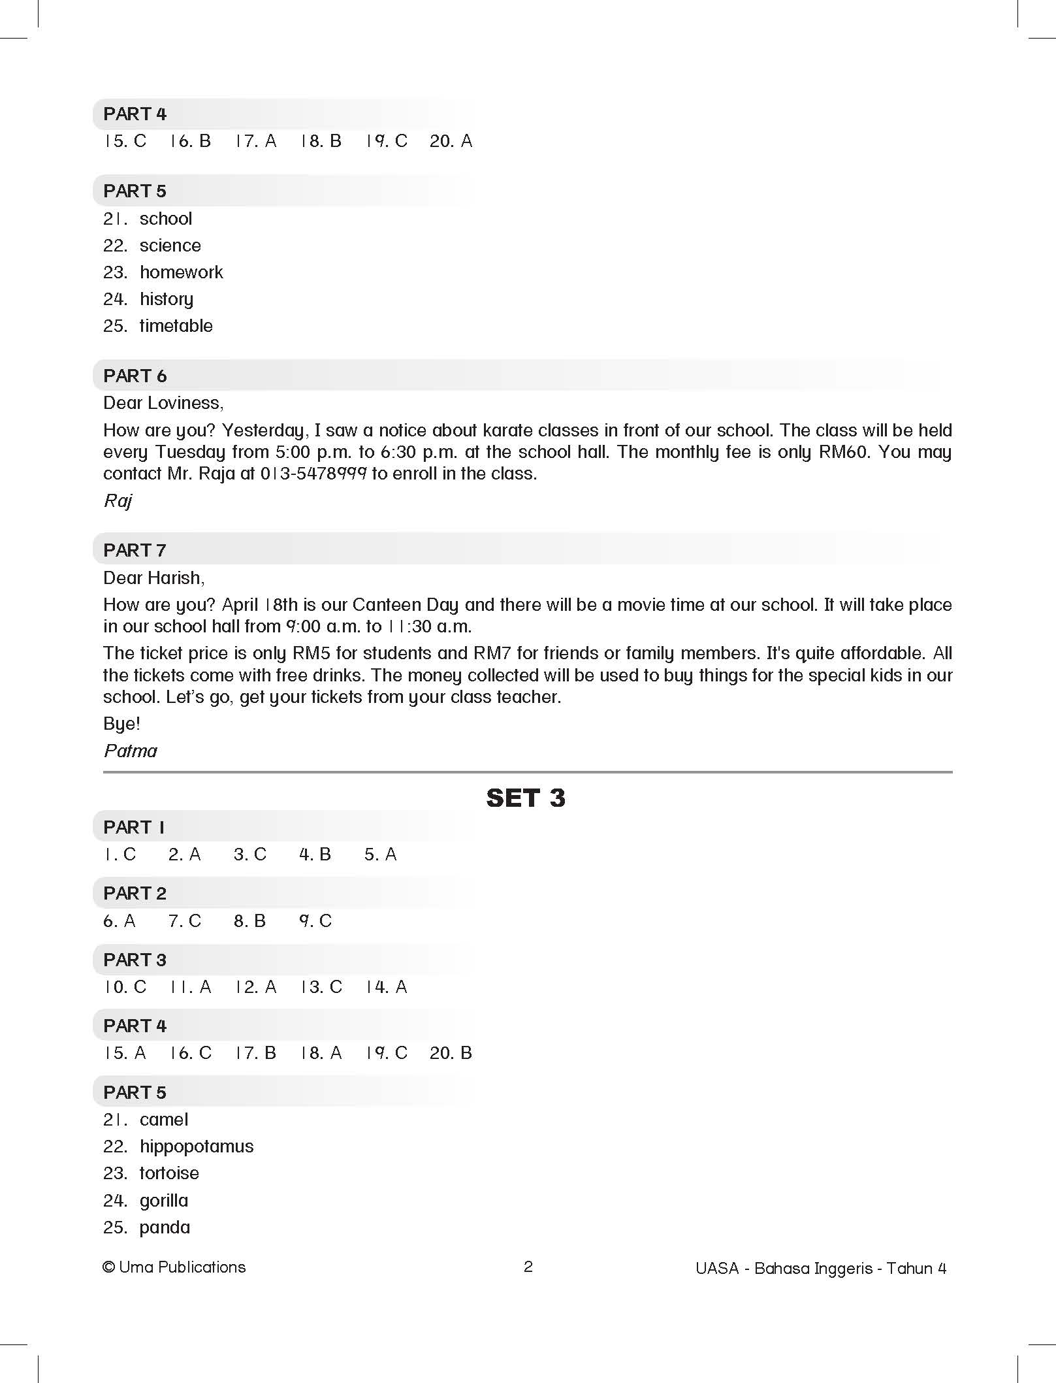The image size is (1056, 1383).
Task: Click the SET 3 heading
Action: coord(526,798)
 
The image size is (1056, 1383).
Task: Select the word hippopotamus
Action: coord(197,1147)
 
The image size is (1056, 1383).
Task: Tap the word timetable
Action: coord(176,326)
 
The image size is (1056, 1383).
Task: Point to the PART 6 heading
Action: coord(135,376)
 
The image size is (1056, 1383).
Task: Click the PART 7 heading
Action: coord(135,550)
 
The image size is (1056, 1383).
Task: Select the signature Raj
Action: coord(118,501)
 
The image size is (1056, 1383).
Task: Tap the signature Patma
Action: coord(131,751)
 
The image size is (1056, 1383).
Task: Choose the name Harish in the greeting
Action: coord(176,578)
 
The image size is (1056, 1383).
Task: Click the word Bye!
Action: coord(121,724)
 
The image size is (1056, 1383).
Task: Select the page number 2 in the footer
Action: coord(528,1267)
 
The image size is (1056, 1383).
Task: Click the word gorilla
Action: coord(164,1201)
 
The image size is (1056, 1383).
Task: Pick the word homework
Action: coord(181,272)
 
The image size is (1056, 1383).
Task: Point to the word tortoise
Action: coord(169,1173)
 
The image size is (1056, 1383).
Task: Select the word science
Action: coord(170,246)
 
